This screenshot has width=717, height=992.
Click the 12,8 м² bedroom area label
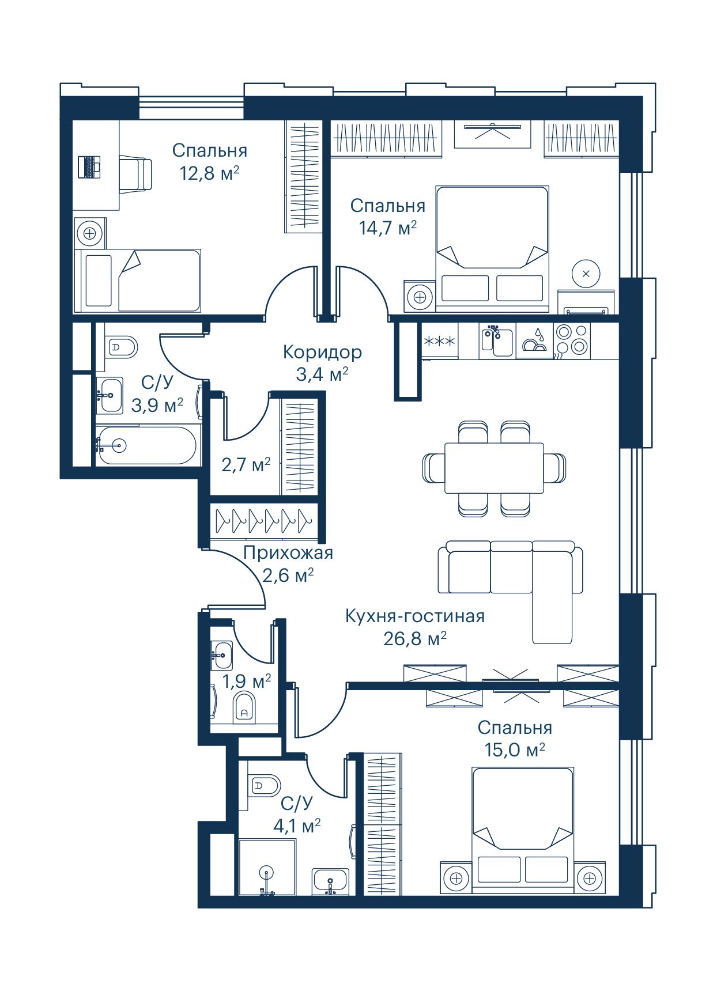[209, 172]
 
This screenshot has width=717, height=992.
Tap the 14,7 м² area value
[388, 228]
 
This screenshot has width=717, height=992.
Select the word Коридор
[323, 351]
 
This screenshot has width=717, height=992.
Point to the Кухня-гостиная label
[415, 616]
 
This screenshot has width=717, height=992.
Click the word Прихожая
[288, 553]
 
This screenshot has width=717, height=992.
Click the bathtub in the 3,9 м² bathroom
[147, 445]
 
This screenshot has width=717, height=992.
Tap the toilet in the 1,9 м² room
[244, 707]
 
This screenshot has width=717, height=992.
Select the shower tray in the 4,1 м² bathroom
[267, 867]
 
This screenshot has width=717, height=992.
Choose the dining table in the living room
[494, 468]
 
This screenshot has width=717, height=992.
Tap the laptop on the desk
[89, 167]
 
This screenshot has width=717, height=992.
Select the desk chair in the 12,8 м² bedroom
[136, 171]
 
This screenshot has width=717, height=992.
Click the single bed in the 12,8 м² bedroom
[138, 281]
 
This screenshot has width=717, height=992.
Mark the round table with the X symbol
[586, 274]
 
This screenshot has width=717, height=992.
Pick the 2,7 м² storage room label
[246, 464]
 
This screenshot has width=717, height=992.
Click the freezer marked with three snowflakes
[440, 341]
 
